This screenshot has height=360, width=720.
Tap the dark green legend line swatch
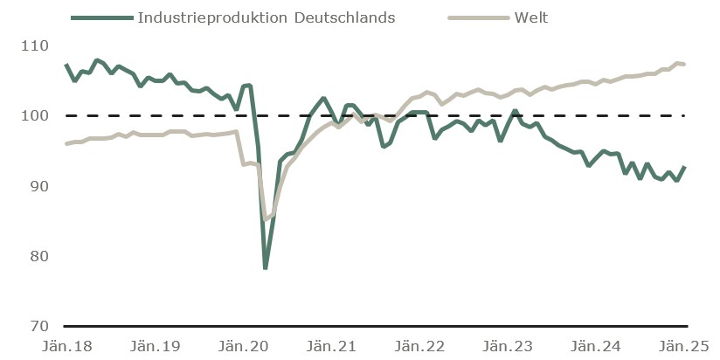click(100, 17)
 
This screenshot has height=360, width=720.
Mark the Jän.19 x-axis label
click(155, 345)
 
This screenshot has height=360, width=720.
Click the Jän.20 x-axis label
click(242, 345)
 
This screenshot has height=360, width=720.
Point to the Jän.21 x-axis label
click(330, 345)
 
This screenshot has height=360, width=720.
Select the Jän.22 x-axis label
click(419, 345)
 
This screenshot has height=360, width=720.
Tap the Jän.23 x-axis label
click(507, 345)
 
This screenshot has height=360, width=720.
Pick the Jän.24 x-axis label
click(595, 345)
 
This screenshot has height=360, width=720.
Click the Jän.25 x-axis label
click(682, 345)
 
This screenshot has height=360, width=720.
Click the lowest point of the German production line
click(265, 267)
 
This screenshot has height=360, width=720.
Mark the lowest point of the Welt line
click(266, 219)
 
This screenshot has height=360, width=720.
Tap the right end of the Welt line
click(684, 64)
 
